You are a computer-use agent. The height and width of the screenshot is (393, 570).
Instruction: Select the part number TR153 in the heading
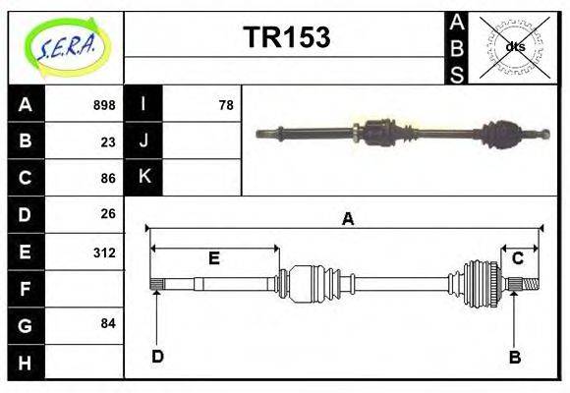(x=286, y=38)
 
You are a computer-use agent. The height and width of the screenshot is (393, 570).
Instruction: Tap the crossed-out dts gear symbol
(x=514, y=46)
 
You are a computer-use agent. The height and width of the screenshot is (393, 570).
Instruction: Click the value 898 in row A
(x=103, y=105)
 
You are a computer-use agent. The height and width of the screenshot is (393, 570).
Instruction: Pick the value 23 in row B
(x=107, y=141)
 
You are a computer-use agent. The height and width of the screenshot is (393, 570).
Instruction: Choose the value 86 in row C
(x=107, y=178)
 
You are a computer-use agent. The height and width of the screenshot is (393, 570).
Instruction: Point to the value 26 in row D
(x=107, y=214)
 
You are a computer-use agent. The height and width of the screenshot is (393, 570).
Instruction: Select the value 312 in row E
(x=103, y=252)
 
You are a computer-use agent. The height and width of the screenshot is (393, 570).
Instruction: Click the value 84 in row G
(x=107, y=323)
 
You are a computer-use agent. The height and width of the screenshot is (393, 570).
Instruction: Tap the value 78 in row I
(x=225, y=105)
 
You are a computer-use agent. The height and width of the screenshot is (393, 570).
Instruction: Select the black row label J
(x=144, y=141)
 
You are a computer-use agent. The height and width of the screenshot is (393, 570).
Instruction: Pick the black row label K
(x=144, y=178)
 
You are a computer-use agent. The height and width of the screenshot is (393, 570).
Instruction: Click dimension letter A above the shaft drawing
(x=347, y=219)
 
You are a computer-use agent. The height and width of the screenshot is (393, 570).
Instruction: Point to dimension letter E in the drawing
(x=213, y=258)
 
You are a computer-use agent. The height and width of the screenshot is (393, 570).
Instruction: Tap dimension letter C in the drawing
(x=517, y=257)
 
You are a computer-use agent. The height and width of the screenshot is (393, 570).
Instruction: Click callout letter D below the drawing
(x=157, y=356)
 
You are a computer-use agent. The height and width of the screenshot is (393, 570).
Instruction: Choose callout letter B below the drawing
(x=514, y=357)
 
